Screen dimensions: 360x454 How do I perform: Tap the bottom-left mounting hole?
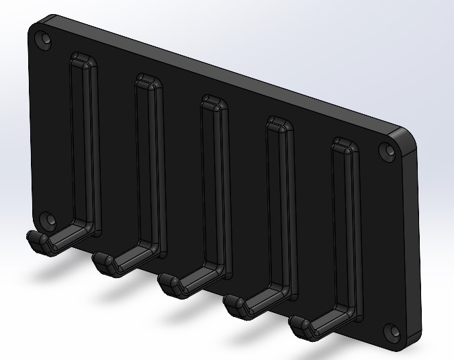[x=47, y=220]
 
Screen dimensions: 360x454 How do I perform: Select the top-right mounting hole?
[x=388, y=151]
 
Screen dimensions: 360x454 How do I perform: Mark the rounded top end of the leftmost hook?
[x=83, y=60]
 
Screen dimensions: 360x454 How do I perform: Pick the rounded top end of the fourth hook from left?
[x=279, y=124]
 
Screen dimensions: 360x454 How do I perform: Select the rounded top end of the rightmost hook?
[x=345, y=145]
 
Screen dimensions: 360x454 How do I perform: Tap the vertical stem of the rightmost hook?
[x=348, y=228]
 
